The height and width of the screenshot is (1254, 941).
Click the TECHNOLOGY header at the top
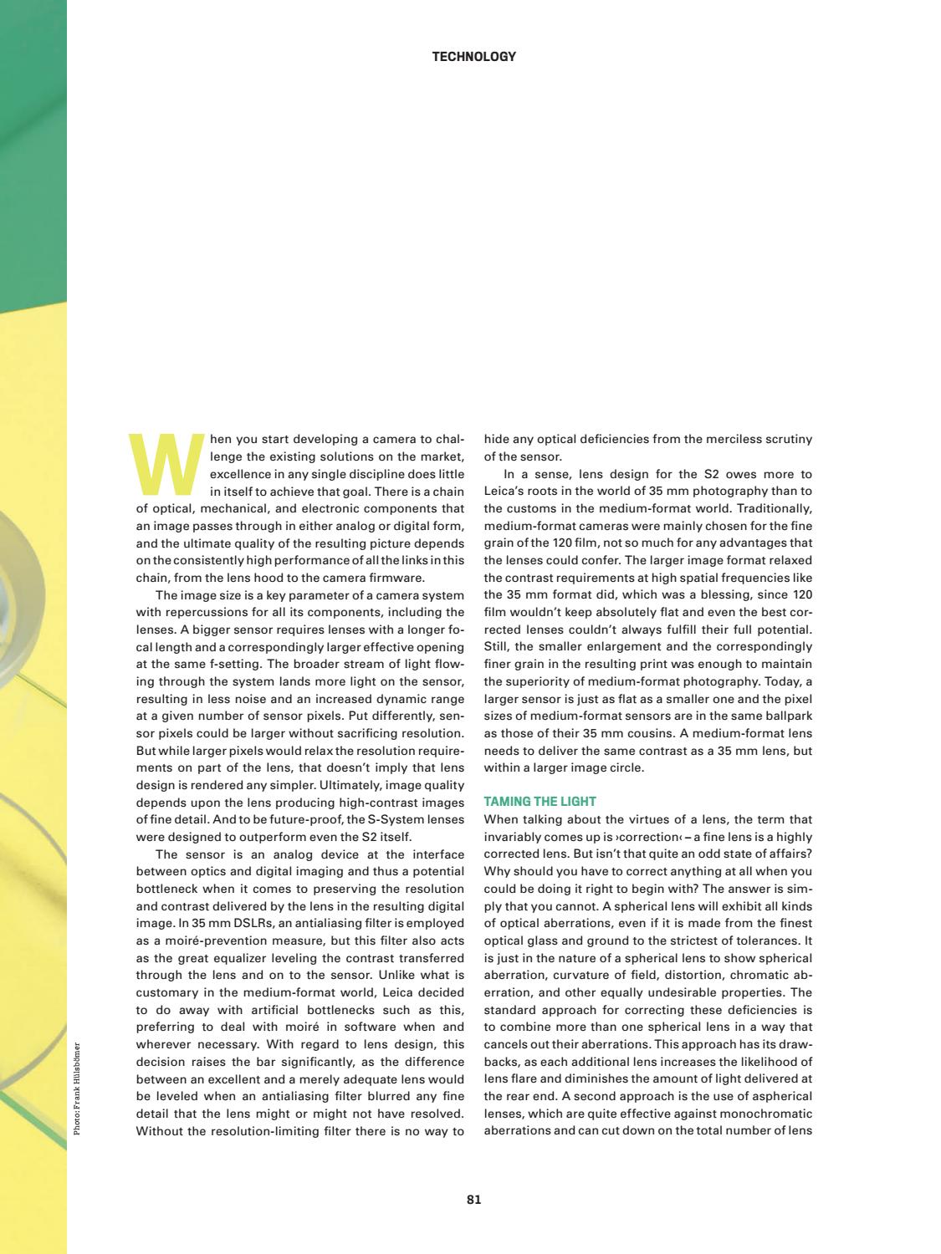[473, 57]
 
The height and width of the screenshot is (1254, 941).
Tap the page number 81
[473, 1200]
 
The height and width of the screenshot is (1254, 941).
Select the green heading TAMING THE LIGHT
[540, 802]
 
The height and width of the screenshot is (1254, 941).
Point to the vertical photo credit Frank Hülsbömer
[77, 1087]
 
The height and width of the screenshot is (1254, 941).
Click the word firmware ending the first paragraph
[396, 578]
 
